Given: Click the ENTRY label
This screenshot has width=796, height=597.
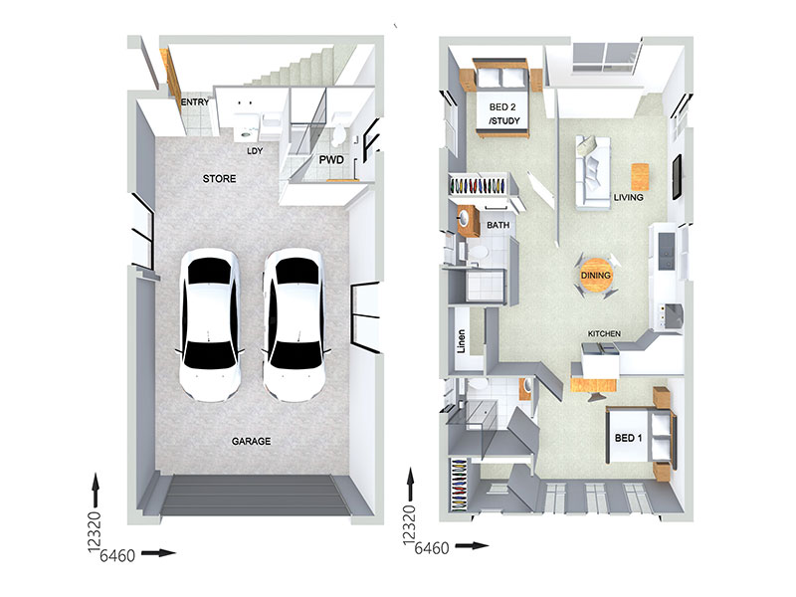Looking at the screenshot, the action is [x=195, y=102].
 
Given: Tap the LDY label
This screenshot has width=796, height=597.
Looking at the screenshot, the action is [x=255, y=151].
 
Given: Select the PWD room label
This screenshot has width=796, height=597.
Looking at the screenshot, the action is [x=331, y=160].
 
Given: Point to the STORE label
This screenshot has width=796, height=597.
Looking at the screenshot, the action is [x=219, y=179].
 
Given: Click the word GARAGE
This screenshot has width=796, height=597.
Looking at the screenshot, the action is [x=252, y=442].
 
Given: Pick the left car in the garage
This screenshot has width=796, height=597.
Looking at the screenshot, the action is [x=210, y=324].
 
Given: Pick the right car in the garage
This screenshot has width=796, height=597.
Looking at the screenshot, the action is [x=294, y=324].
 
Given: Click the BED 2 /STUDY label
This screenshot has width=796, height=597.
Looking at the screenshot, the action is [x=503, y=114].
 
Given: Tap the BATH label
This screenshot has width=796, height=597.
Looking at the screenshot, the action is [x=498, y=225].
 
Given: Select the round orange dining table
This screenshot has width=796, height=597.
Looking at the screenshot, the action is [x=596, y=276].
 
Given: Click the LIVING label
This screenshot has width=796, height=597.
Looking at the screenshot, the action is [x=629, y=197].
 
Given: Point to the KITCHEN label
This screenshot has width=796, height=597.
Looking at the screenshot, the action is [x=604, y=333].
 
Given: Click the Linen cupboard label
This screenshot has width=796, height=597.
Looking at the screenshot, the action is [x=461, y=341].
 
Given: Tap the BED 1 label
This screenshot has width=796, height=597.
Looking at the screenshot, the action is [x=629, y=438].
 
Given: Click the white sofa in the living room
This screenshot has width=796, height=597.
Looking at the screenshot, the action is [x=593, y=172].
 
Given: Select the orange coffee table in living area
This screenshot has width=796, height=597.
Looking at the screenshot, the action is [x=640, y=176].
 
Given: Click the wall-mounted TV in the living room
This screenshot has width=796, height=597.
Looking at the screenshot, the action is [x=677, y=177].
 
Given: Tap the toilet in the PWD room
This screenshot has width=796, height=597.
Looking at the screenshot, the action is [x=338, y=135].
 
